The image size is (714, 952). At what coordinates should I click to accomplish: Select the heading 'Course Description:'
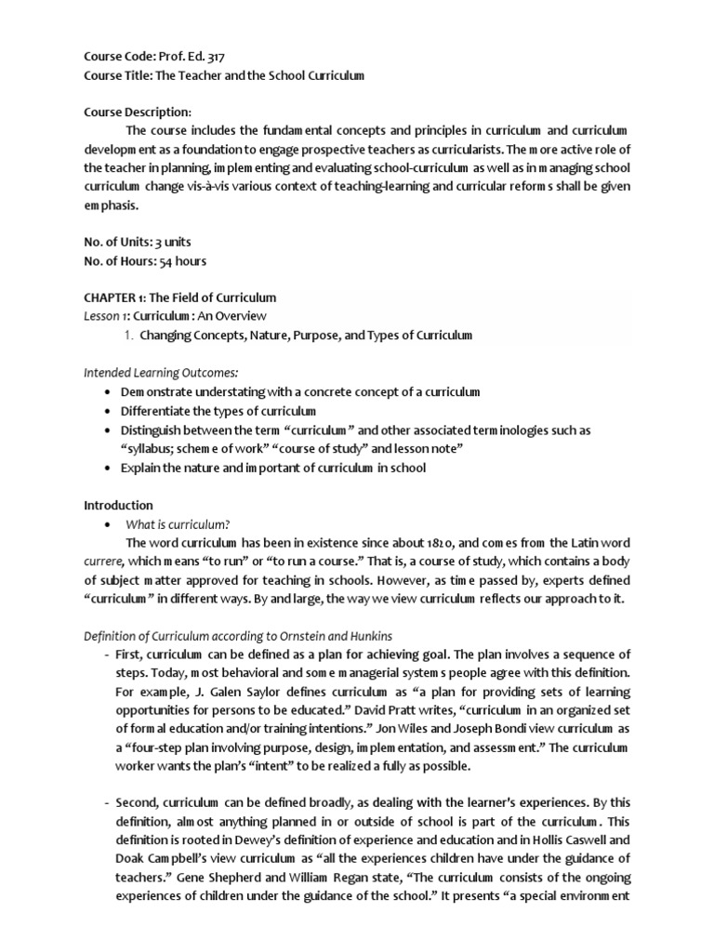(137, 112)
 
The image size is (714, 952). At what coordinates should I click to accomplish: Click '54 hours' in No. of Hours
(183, 261)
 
